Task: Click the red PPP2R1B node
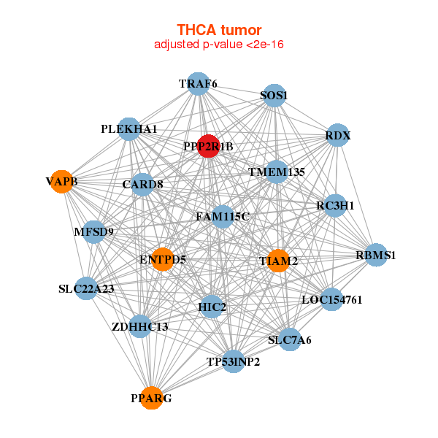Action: (208, 146)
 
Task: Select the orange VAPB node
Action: (63, 181)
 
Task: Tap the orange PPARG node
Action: (152, 398)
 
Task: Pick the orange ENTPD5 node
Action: (162, 259)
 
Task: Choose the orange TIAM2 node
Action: (278, 261)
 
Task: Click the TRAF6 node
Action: (198, 83)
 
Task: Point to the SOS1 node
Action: (274, 96)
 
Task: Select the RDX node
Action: (337, 136)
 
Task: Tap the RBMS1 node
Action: (376, 255)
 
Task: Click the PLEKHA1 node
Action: (129, 129)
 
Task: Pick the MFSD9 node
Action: (94, 232)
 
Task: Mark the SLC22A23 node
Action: (87, 289)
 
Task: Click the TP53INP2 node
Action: (233, 361)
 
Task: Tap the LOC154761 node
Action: (331, 299)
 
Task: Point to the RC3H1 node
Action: (334, 206)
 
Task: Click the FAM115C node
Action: (223, 217)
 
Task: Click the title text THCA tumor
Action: (219, 30)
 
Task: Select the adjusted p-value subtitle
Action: (219, 45)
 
